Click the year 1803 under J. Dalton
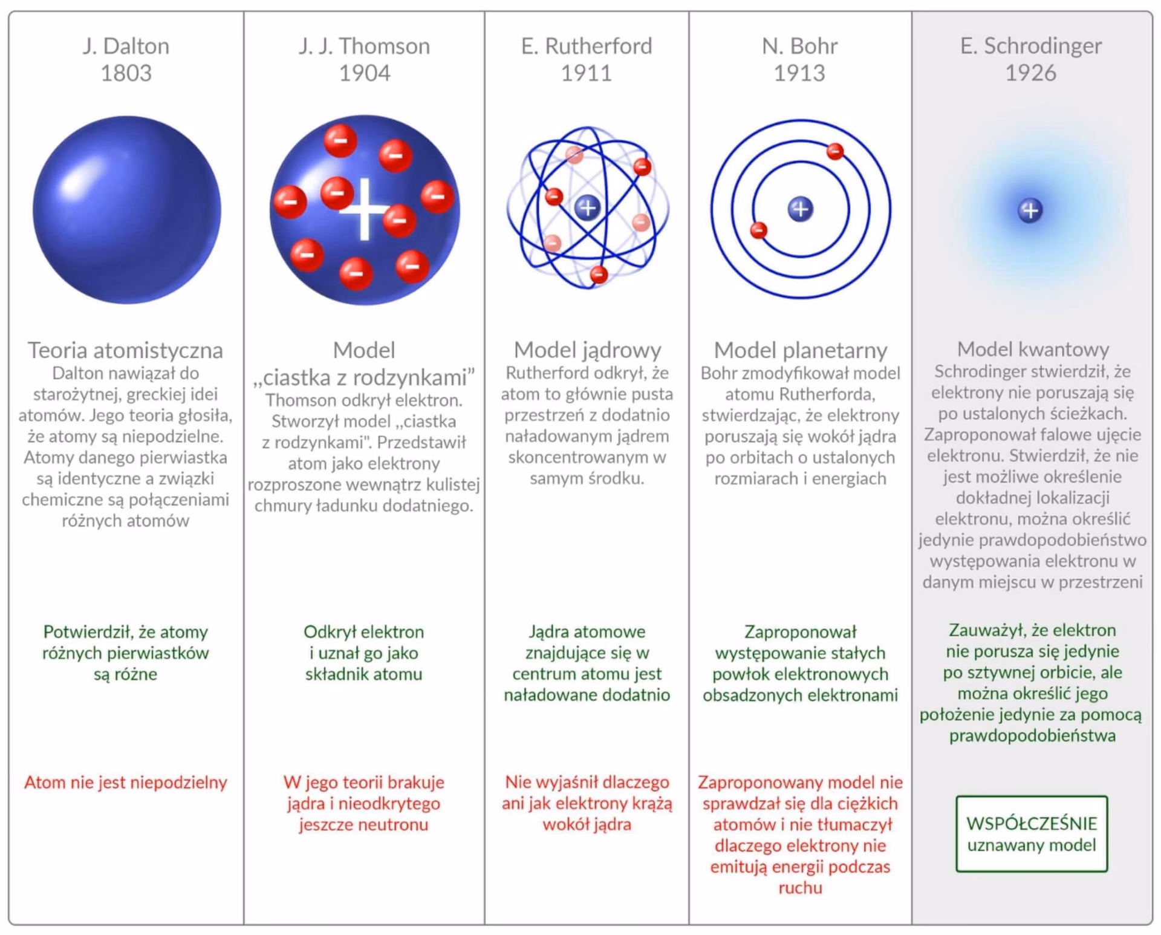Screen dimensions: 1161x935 pyautogui.click(x=126, y=73)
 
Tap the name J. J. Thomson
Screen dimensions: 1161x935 pyautogui.click(x=364, y=46)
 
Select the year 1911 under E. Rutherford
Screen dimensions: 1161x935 pyautogui.click(x=587, y=73)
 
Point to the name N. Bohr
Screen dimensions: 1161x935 pyautogui.click(x=799, y=46)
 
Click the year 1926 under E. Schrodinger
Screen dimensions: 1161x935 pyautogui.click(x=1030, y=73)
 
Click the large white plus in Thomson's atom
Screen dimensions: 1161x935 pyautogui.click(x=364, y=209)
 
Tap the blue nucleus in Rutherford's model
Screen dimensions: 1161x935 pyautogui.click(x=587, y=207)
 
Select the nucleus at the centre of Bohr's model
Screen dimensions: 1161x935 pyautogui.click(x=801, y=209)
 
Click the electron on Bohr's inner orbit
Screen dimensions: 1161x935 pyautogui.click(x=759, y=230)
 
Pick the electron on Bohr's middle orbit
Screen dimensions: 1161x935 pyautogui.click(x=835, y=151)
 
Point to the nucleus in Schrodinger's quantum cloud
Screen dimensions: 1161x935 pyautogui.click(x=1030, y=210)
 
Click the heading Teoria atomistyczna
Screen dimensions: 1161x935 pyautogui.click(x=125, y=350)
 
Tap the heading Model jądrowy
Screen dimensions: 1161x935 pyautogui.click(x=587, y=350)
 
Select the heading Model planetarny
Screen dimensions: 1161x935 pyautogui.click(x=800, y=350)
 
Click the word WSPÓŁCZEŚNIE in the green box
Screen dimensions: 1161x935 pyautogui.click(x=1032, y=823)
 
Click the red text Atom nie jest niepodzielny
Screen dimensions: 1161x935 pyautogui.click(x=126, y=783)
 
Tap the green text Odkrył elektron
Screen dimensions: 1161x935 pyautogui.click(x=363, y=632)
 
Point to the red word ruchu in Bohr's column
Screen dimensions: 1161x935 pyautogui.click(x=800, y=888)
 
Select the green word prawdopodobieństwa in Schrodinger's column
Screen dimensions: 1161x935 pyautogui.click(x=1032, y=736)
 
